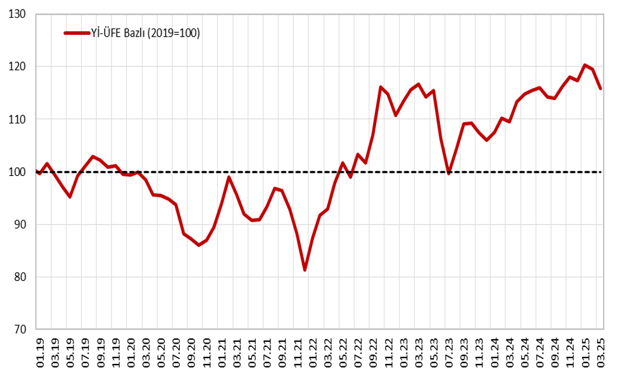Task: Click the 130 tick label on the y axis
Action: (x=17, y=13)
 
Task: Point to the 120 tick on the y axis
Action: (x=17, y=66)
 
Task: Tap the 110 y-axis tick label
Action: (x=17, y=119)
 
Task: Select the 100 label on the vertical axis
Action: (x=17, y=172)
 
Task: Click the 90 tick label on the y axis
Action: (x=19, y=224)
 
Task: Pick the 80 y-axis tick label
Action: (x=19, y=277)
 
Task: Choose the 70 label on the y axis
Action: (x=19, y=329)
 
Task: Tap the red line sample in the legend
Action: (x=77, y=33)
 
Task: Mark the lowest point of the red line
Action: (x=305, y=270)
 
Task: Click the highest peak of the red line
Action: (x=585, y=65)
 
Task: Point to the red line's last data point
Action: (x=600, y=89)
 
